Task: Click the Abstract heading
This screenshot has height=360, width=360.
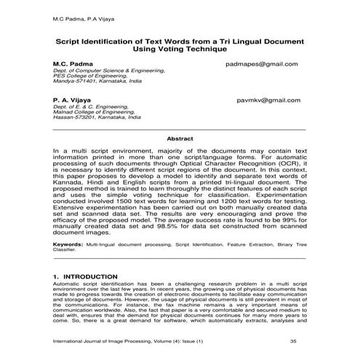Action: point(180,137)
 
